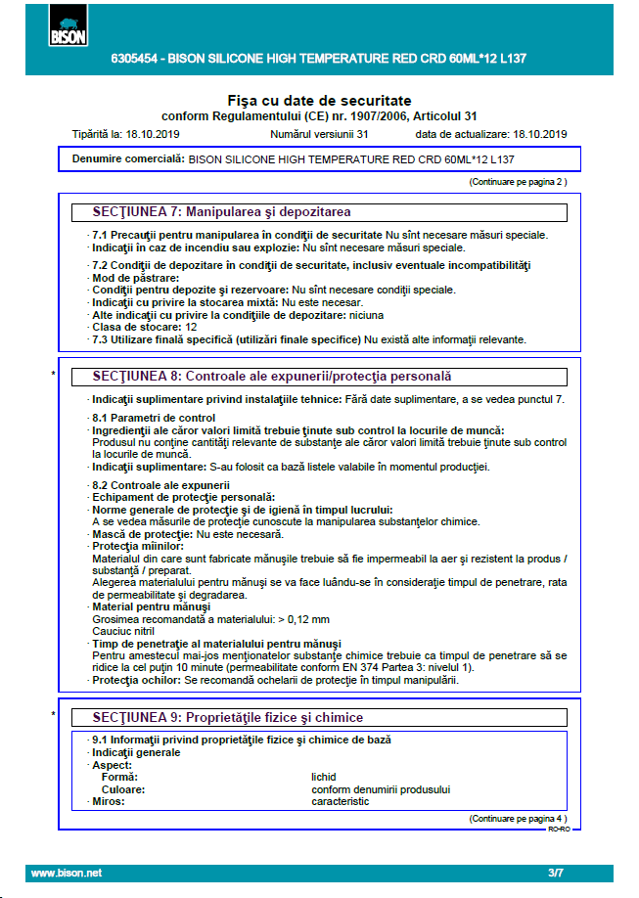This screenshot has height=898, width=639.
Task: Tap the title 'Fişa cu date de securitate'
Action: coord(319,101)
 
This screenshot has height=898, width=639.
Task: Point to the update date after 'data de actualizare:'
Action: coord(540,134)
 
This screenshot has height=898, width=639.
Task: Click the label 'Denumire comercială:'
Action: coord(128,158)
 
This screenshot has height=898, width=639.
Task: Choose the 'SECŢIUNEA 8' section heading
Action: coord(272,377)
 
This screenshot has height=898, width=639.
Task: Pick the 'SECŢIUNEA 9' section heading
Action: coord(228,717)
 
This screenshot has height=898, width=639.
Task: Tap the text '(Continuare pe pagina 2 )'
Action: coord(518,182)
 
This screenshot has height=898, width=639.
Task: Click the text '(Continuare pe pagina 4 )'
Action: coord(518,818)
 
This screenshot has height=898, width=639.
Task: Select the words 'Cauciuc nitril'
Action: coord(123,632)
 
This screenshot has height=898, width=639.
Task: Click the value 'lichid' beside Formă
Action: coord(324,778)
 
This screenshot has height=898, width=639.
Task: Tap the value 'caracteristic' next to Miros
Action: coord(341,801)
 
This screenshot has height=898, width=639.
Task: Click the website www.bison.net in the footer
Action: coord(67,873)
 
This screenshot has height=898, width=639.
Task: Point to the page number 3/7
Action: coord(556,873)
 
